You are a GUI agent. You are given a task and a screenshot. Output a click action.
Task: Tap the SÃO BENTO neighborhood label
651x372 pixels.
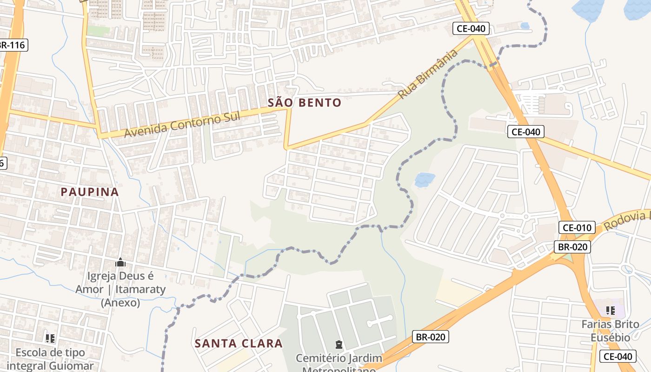(305, 103)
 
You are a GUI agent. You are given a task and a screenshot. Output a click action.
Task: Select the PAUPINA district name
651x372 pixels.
(90, 192)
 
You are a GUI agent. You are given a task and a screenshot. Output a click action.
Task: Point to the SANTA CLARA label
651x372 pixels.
(239, 344)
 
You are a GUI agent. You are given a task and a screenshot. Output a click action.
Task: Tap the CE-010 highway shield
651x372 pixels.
(577, 227)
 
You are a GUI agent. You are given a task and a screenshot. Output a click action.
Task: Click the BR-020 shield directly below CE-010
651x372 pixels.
(572, 247)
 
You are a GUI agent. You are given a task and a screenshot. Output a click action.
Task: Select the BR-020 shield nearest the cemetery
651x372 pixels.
(430, 337)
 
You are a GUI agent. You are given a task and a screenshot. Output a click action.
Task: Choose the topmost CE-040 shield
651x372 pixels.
(471, 28)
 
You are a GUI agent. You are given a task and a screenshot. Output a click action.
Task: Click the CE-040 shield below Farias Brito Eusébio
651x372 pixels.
(618, 357)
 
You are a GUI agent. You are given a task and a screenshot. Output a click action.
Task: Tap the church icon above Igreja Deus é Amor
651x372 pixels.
(120, 263)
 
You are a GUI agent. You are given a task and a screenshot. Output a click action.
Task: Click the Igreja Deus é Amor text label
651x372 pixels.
(120, 289)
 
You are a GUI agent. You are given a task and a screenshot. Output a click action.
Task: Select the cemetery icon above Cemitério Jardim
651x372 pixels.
(339, 345)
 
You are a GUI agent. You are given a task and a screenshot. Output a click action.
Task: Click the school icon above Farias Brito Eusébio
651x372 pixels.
(611, 310)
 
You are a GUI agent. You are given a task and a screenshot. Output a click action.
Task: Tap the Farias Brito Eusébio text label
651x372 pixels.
(611, 331)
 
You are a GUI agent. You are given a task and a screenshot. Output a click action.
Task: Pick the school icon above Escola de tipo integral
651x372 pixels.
(50, 338)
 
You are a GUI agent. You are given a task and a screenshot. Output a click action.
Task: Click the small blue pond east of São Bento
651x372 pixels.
(425, 179)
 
